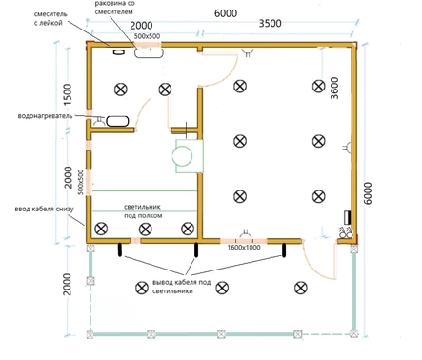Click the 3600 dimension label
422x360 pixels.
[x=334, y=88]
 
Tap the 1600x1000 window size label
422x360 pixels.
[x=244, y=248]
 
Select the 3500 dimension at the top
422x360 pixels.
[x=270, y=24]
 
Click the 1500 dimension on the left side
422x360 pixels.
[x=68, y=94]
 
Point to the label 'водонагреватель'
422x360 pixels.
[x=45, y=116]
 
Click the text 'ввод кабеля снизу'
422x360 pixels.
[x=44, y=210]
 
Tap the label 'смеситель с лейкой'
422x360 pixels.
[x=50, y=18]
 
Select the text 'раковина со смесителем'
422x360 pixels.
[x=115, y=8]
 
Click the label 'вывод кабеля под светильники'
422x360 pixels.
[x=181, y=287]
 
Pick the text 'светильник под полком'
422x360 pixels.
[x=143, y=211]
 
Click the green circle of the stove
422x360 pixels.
[x=182, y=156]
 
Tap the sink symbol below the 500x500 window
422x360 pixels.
[x=149, y=52]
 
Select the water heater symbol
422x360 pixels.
[x=117, y=121]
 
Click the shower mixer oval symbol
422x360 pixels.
[x=118, y=52]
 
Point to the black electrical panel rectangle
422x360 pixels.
[x=348, y=217]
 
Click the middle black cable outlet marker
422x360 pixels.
[x=196, y=250]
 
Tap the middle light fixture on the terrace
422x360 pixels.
[x=222, y=288]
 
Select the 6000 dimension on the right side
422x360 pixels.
[x=368, y=193]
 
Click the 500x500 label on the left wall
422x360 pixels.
[x=81, y=182]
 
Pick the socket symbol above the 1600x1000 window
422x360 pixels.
[x=246, y=233]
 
